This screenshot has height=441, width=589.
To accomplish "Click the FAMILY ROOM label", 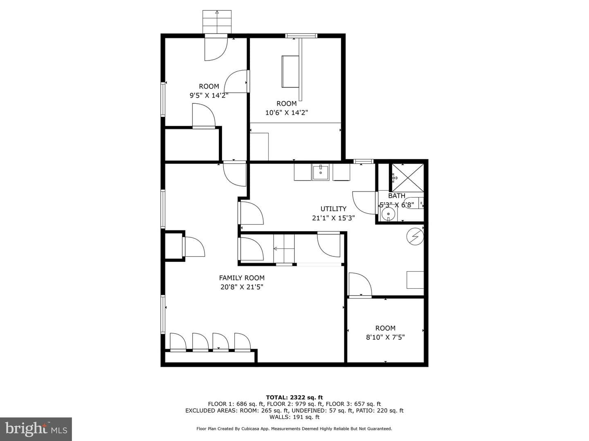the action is coord(241,278).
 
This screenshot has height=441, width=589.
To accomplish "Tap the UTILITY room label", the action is coord(333,209).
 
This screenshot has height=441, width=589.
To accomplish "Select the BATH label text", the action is coord(397,196).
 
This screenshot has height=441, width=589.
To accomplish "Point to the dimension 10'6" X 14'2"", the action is coord(287,113).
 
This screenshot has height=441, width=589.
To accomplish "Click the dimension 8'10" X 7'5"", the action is coord(385,337).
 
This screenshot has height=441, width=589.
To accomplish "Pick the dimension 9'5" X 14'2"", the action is coord(209,95).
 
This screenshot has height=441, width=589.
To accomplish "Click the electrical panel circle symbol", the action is coord(415,237).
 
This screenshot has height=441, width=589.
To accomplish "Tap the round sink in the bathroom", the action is coord(388,214).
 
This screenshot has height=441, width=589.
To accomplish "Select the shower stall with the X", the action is coord(408,178).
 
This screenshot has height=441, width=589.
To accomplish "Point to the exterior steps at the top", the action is coord(217,22).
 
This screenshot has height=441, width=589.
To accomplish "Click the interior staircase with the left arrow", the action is coord(284,249).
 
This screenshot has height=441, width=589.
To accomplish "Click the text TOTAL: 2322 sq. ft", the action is coord(294,397).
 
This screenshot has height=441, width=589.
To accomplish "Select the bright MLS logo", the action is coord(36,429).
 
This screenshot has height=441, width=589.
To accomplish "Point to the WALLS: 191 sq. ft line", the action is coord(294,417).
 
